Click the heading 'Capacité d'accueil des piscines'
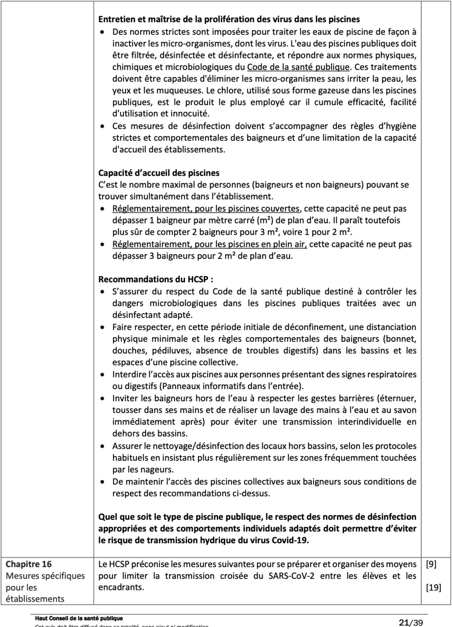[x=159, y=173]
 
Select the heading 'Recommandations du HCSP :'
[x=156, y=280]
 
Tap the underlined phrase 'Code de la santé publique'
[x=298, y=67]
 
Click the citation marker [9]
[x=431, y=564]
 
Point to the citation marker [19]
[x=433, y=588]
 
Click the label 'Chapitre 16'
[x=28, y=564]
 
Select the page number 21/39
[x=410, y=622]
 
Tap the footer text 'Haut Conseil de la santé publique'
[x=79, y=618]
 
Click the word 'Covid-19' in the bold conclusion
[x=290, y=541]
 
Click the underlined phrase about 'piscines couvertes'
[x=206, y=209]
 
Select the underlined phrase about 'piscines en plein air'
[x=209, y=244]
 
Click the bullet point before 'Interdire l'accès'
[x=104, y=375]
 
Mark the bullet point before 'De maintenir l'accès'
[x=104, y=482]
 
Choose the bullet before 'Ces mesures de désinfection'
[x=104, y=126]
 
